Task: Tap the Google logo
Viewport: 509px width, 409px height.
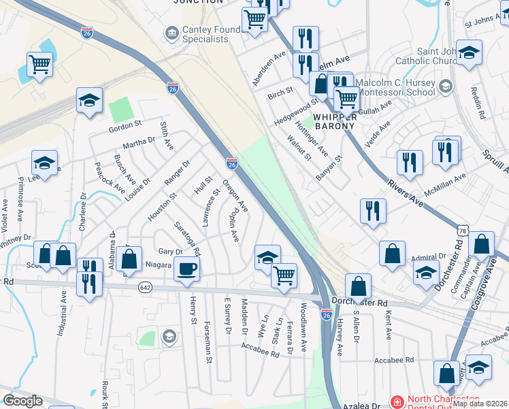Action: pos(22,401)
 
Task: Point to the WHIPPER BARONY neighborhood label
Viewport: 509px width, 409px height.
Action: pos(335,120)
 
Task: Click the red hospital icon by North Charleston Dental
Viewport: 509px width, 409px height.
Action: pos(397,402)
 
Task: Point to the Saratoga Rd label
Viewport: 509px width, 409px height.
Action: pos(186,237)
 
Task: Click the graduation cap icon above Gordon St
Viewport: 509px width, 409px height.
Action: pos(89,102)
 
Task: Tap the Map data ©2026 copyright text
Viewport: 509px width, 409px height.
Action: pos(480,404)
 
